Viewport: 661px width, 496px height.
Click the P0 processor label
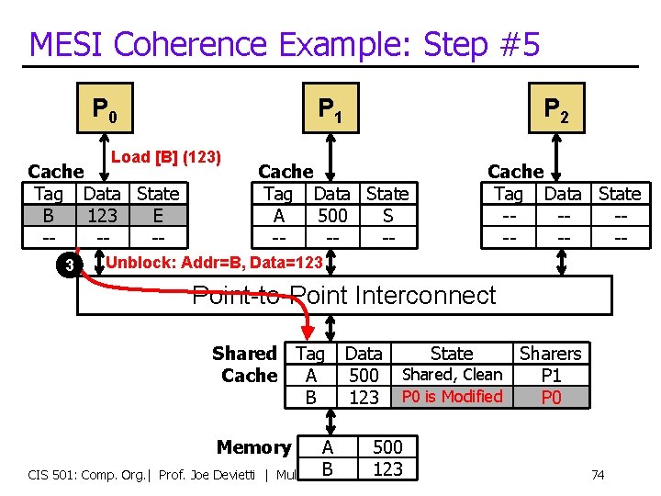[x=104, y=110]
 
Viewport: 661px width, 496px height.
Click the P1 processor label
[x=330, y=110]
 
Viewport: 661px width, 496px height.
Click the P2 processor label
[x=556, y=110]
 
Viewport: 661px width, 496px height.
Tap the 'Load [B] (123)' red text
[x=166, y=157]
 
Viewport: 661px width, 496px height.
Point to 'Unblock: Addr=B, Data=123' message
[x=215, y=263]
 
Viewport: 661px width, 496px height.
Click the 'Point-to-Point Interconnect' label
[x=343, y=296]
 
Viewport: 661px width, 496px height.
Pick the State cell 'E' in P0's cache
[x=158, y=216]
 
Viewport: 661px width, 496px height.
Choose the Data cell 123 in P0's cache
[x=102, y=216]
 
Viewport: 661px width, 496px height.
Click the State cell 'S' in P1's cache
[x=387, y=216]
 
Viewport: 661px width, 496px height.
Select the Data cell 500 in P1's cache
[x=331, y=216]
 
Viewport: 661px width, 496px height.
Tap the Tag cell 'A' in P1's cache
[x=278, y=216]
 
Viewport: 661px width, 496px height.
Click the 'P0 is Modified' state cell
[x=453, y=397]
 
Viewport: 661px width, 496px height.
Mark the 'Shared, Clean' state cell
[x=453, y=375]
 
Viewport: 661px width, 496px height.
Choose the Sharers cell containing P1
[x=551, y=375]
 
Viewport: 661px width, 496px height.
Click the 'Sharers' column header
[x=551, y=354]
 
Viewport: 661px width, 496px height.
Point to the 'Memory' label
[x=254, y=447]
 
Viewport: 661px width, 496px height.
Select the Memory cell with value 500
[x=387, y=447]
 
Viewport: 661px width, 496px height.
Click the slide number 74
[x=598, y=475]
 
